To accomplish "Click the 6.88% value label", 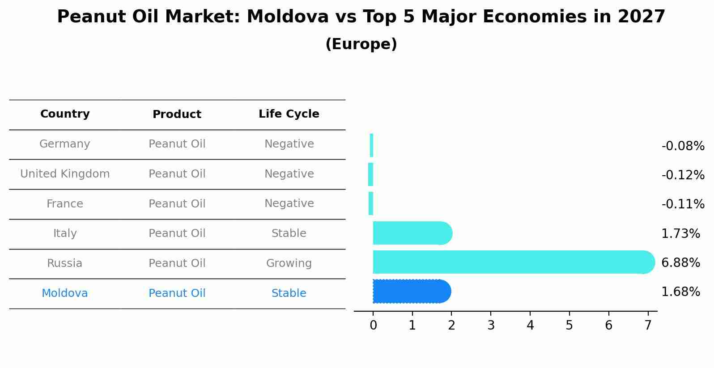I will click(680, 263).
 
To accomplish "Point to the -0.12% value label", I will click(683, 175).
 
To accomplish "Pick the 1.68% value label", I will click(680, 292).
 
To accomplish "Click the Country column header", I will click(65, 114).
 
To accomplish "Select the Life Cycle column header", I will click(289, 114).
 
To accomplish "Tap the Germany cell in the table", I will click(65, 144).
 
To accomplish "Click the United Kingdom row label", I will click(65, 174).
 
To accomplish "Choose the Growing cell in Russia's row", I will click(289, 263).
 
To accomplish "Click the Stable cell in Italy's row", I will click(289, 233).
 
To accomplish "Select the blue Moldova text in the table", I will click(65, 293).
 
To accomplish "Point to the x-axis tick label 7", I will click(648, 326).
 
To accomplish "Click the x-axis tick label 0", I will click(373, 326).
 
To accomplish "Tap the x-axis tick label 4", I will click(530, 326).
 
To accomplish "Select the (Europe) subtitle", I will click(361, 44).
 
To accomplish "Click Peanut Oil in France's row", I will click(177, 204).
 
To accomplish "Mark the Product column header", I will click(177, 114).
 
